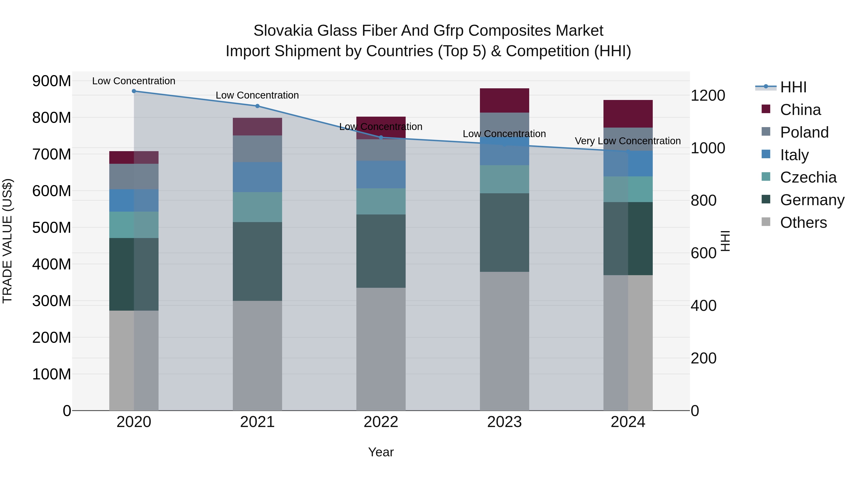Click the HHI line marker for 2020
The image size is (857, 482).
[134, 91]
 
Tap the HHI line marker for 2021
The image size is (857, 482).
[257, 106]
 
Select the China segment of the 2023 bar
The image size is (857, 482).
[504, 100]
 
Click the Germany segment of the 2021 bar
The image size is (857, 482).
[257, 261]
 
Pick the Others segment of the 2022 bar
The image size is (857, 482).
[381, 349]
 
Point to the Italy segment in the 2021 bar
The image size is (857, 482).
[257, 177]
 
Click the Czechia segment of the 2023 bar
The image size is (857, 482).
[504, 179]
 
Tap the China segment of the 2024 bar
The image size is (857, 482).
[628, 114]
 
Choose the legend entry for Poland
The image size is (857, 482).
[804, 132]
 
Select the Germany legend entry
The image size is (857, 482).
[812, 200]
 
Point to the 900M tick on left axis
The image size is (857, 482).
[52, 81]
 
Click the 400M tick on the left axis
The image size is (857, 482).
[52, 264]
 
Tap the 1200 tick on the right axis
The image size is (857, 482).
[708, 96]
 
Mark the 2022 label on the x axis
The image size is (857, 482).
[381, 422]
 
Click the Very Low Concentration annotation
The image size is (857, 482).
[628, 141]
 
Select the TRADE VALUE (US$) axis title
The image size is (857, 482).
[8, 241]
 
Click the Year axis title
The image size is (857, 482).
[381, 452]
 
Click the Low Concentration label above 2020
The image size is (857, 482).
[134, 81]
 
